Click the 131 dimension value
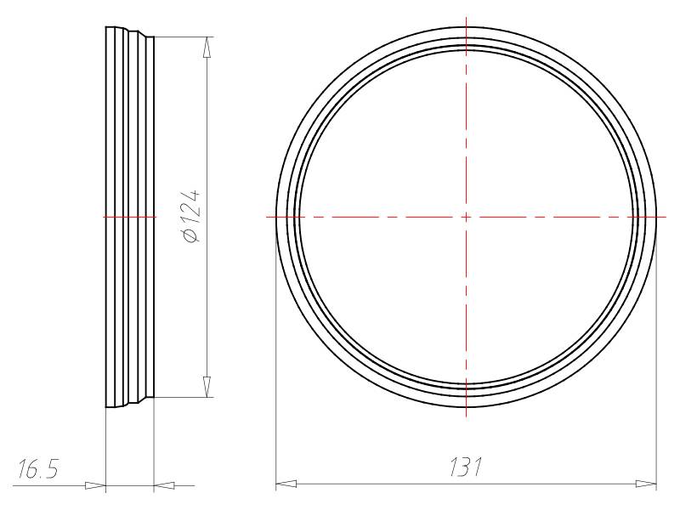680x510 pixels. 465,467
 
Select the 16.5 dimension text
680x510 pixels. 37,469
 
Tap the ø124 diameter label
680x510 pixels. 193,216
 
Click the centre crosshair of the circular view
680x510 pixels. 466,217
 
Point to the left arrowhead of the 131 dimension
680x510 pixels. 286,484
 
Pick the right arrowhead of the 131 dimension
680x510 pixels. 646,484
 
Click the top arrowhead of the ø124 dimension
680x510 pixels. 207,47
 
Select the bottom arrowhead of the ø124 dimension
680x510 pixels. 207,387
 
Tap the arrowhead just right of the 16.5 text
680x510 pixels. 95,485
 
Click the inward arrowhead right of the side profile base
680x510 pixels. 165,485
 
